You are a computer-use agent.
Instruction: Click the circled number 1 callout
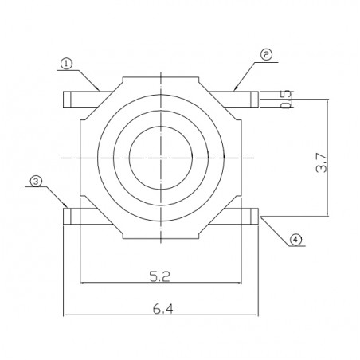pos(67,63)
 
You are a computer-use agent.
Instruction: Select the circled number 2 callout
pos(266,55)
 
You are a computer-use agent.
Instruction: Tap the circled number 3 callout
pos(36,182)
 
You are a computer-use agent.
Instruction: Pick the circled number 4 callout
pos(296,239)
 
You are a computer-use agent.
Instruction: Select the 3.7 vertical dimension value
pos(319,165)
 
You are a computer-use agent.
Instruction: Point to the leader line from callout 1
pos(85,76)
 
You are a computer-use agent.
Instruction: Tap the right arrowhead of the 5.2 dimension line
pos(238,282)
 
